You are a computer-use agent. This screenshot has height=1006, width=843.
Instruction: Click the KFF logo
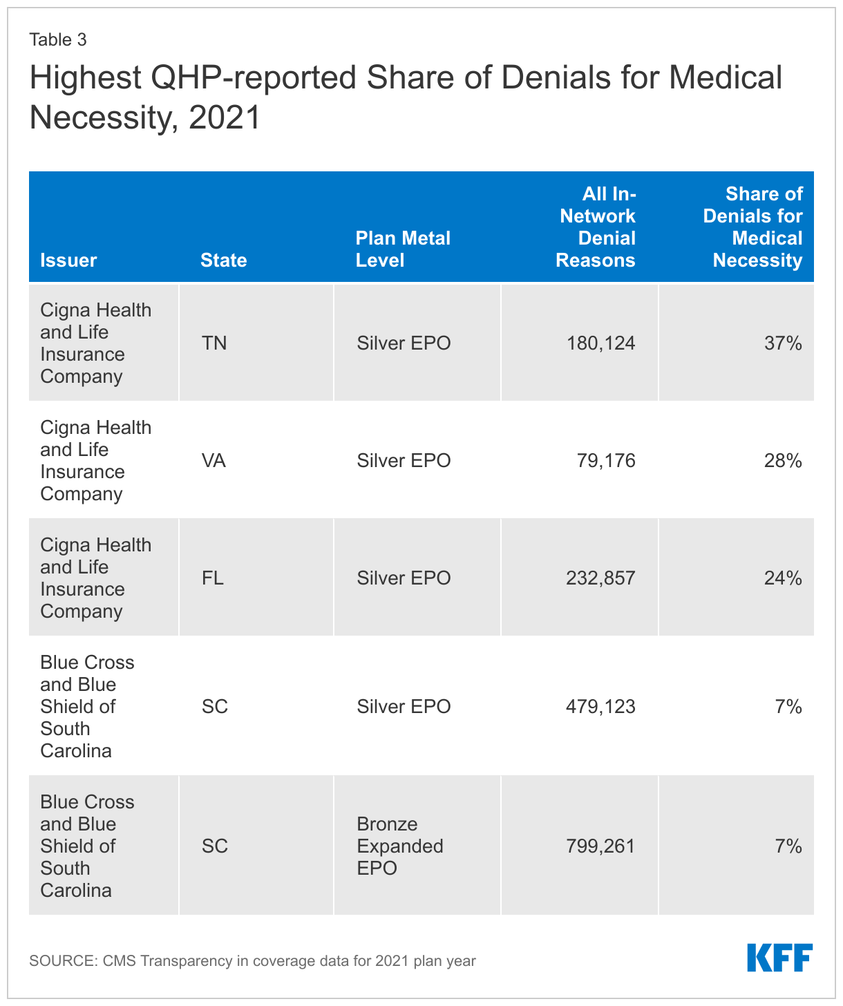(x=779, y=958)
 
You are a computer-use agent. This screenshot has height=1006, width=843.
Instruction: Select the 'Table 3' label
(x=58, y=39)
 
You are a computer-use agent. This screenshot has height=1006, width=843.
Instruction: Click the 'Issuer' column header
(x=68, y=260)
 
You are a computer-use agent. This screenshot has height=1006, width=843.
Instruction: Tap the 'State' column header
(x=223, y=260)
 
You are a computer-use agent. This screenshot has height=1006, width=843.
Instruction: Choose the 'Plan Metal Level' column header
(x=402, y=249)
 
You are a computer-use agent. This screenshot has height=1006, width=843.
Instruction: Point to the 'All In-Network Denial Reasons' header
(x=596, y=227)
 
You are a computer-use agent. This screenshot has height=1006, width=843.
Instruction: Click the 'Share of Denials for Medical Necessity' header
(x=753, y=227)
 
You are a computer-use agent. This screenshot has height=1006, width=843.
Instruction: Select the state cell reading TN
(x=214, y=343)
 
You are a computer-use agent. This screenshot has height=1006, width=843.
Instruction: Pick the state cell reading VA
(x=214, y=461)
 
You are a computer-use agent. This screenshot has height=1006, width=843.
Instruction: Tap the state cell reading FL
(x=213, y=578)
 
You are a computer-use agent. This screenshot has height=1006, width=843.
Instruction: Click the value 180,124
(x=600, y=343)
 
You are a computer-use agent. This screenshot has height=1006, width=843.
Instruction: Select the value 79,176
(x=606, y=461)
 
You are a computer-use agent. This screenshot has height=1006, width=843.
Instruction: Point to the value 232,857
(x=600, y=578)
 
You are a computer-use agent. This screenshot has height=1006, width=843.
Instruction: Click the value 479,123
(x=600, y=707)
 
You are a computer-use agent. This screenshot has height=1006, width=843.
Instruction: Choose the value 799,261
(x=600, y=846)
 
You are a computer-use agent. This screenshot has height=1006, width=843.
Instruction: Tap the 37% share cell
(x=783, y=343)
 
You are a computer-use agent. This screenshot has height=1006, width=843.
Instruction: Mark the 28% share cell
(x=783, y=461)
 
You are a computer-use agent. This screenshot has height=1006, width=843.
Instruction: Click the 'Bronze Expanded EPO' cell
(x=400, y=846)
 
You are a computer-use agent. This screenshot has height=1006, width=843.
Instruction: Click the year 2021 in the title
(x=225, y=117)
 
